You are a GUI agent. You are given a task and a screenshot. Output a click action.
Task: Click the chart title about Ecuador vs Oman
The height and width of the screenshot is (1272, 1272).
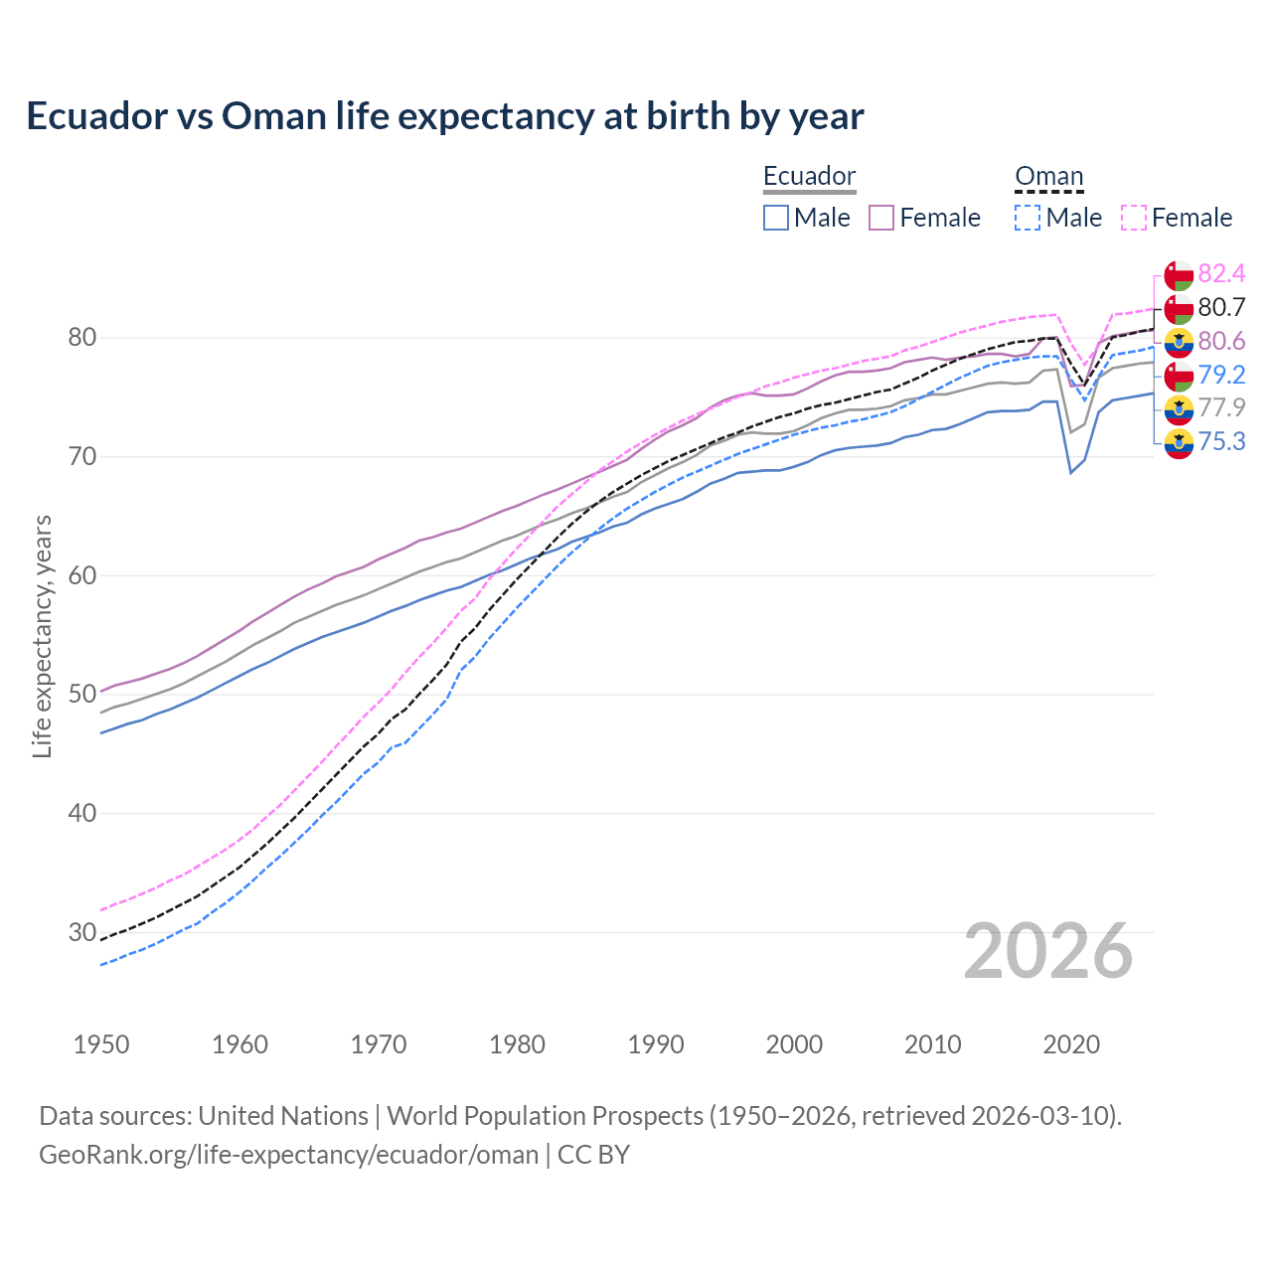coord(445,116)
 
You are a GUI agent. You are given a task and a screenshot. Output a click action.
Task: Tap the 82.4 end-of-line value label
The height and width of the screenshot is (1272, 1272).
coord(1221,273)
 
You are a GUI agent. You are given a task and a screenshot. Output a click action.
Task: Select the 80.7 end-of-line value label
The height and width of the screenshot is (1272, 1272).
coord(1221,307)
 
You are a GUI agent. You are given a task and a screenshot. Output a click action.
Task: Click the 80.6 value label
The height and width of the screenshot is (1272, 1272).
coord(1221,341)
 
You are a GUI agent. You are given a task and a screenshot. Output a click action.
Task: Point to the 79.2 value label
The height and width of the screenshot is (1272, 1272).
coord(1221,375)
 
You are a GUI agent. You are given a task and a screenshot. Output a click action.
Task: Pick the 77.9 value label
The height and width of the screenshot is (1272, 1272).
coord(1221,407)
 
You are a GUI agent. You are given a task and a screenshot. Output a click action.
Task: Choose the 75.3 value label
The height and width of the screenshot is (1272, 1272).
coord(1221,441)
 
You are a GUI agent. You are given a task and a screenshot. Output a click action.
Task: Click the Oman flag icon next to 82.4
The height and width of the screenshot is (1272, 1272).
coord(1179,274)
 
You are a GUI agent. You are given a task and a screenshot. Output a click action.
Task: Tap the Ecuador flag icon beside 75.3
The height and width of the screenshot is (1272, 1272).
coord(1179,442)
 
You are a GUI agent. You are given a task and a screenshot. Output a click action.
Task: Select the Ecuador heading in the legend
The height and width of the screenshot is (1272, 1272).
coord(809,176)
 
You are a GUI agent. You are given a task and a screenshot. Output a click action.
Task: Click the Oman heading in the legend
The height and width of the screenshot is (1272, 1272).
coord(1048,176)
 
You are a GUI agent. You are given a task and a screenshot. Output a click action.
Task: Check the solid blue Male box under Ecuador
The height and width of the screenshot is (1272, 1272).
coord(776,218)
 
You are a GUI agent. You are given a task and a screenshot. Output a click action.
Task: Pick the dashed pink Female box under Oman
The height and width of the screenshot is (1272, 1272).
coord(1133,218)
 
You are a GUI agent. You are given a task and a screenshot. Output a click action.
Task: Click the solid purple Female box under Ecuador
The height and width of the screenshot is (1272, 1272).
coord(881,218)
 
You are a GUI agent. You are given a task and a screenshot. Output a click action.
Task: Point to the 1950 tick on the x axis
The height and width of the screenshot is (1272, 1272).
coord(101,1044)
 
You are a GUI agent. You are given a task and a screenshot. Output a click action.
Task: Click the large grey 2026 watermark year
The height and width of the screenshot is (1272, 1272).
coord(1048,951)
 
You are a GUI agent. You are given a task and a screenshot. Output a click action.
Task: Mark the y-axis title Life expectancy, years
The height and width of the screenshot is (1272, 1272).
coord(42,636)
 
